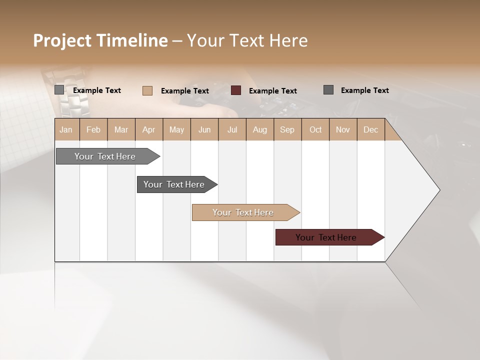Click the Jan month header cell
click(x=66, y=129)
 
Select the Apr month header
click(x=149, y=129)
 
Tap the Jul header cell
click(x=232, y=129)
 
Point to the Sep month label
click(x=287, y=129)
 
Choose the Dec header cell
click(x=370, y=129)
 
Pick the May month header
click(x=176, y=129)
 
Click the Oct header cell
click(x=315, y=129)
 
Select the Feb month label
click(x=93, y=129)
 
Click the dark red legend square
click(x=236, y=90)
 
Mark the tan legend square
click(x=147, y=90)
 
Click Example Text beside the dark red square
click(x=272, y=91)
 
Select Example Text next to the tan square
click(x=184, y=91)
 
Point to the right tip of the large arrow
click(x=438, y=190)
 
